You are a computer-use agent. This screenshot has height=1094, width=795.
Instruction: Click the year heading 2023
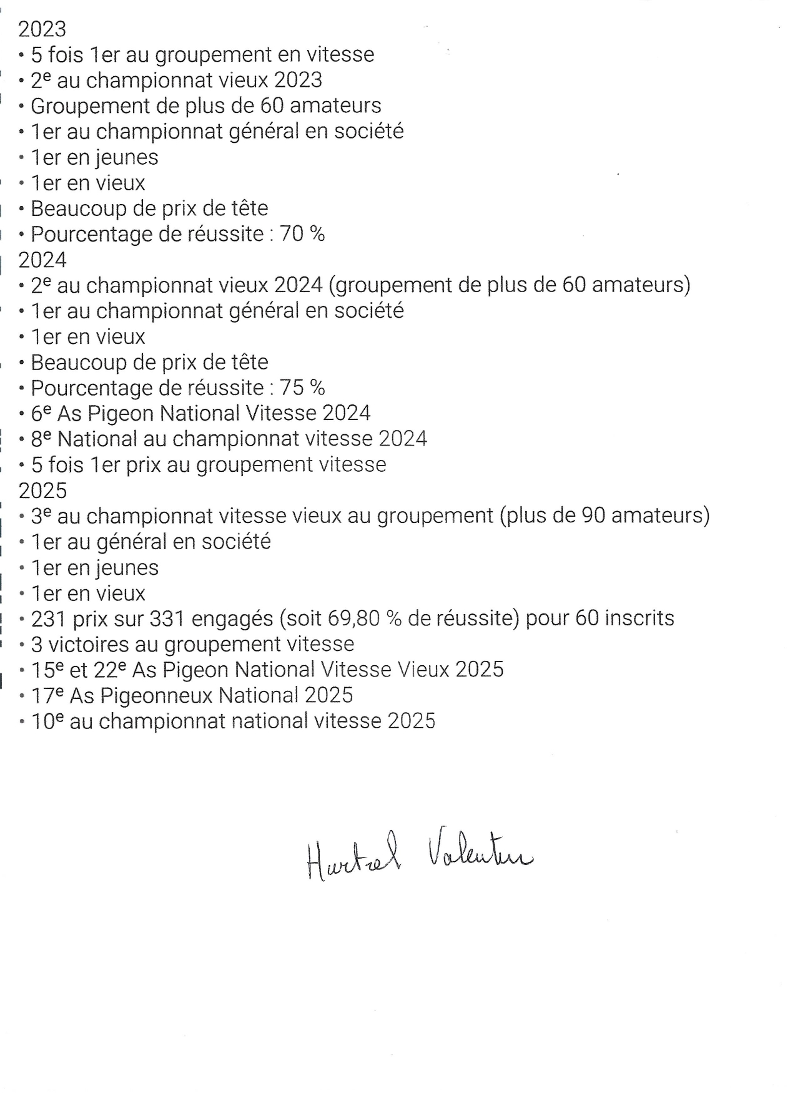click(42, 29)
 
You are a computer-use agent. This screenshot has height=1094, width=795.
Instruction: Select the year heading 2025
click(42, 491)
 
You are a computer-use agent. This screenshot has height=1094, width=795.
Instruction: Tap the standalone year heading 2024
click(42, 260)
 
